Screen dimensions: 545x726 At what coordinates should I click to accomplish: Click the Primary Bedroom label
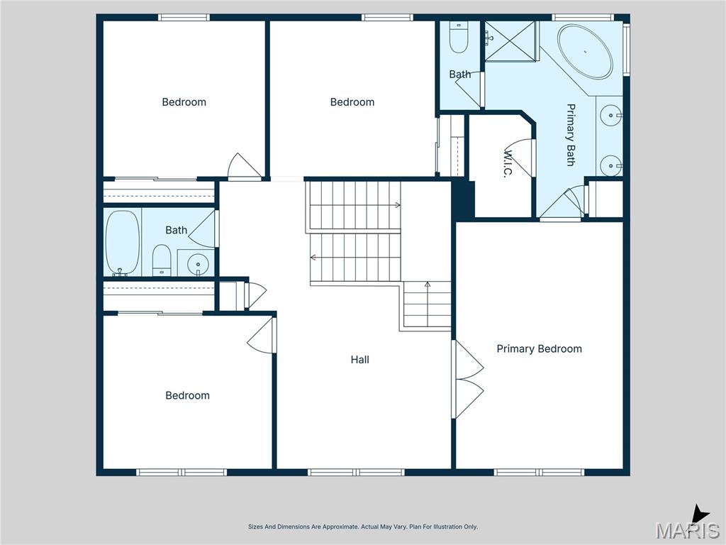click(539, 348)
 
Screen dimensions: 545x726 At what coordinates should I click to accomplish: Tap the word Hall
click(359, 360)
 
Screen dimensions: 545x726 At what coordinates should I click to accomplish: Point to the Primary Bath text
click(571, 135)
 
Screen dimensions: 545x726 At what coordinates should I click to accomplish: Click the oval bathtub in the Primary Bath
click(584, 52)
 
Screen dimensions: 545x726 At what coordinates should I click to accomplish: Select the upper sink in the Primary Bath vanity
click(610, 114)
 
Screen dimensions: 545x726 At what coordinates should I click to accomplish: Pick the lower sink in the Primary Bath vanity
click(610, 165)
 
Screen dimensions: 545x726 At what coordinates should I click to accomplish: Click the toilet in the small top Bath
click(459, 40)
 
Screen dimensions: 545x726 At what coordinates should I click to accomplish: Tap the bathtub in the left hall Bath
click(122, 242)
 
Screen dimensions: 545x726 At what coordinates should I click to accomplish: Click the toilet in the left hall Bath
click(162, 260)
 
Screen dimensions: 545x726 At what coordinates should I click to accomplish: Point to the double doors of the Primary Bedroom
click(467, 379)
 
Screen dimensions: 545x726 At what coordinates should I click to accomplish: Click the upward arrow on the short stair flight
click(427, 285)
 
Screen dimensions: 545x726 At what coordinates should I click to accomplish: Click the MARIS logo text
click(687, 531)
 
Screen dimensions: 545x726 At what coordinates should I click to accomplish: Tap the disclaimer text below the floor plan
click(362, 527)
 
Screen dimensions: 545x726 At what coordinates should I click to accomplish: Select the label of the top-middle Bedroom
click(352, 102)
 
